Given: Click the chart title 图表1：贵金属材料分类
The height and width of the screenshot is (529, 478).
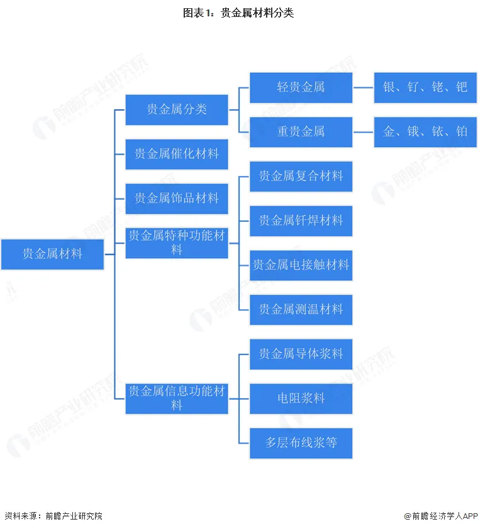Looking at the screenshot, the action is pos(238,13).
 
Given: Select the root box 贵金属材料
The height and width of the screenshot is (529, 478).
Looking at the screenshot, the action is pos(52,254).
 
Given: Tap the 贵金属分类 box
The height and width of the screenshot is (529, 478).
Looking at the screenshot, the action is pos(177,109).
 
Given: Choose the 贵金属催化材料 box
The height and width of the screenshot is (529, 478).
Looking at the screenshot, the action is pos(177,154).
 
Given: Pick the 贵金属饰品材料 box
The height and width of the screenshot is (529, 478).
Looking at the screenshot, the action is pos(177,199).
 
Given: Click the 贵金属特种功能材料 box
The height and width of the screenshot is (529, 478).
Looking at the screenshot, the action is pos(177,243).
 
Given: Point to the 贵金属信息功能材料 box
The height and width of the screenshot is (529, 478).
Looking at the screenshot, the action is pos(177,398).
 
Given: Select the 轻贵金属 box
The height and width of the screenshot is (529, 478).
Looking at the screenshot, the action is pos(301,87).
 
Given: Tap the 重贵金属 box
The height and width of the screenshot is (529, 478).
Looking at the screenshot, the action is pos(301,132).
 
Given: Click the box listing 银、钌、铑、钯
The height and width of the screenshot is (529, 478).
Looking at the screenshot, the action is pos(425,87).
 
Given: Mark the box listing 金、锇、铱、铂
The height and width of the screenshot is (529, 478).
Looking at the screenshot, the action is pos(425,132).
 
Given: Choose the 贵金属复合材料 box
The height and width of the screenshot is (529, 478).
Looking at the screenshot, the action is pos(301,177).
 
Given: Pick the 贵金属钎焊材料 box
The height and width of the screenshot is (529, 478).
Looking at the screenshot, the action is pos(301,221).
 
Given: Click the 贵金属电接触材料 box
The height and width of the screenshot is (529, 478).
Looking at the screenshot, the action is pos(301,265).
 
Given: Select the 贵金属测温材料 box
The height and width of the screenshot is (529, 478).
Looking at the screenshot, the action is pos(301,310).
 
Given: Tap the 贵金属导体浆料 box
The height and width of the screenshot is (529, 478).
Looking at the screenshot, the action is pos(301,354).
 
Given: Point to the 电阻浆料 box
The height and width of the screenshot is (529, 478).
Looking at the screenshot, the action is pos(301,398).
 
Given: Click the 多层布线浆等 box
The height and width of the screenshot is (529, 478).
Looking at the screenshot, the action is pos(301,443).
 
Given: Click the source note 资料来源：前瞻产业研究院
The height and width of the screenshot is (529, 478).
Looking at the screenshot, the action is pos(53,516).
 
